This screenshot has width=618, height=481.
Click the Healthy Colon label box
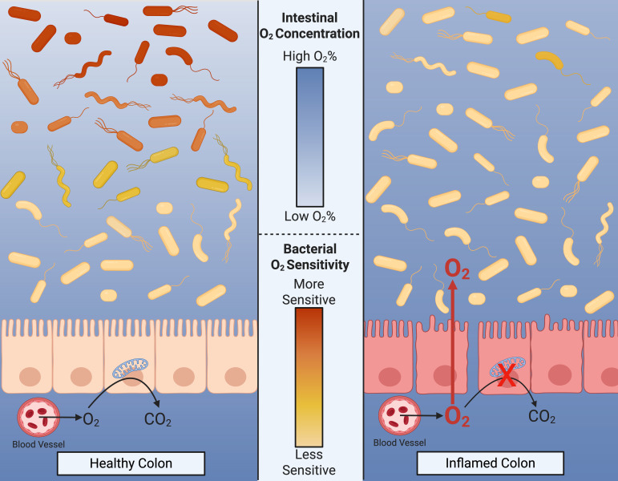coord(132,463)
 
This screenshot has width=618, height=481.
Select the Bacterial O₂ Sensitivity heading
coord(309,256)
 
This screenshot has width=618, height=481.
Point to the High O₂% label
coord(309,57)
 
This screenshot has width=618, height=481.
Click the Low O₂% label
coord(309,216)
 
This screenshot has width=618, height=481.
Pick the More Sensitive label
coord(309,292)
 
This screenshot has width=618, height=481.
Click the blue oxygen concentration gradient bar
coord(309,136)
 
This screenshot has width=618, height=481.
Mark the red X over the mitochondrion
coord(506,377)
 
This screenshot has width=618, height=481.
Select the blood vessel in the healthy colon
coord(36,417)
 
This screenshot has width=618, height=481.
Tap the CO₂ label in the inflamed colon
coord(544,417)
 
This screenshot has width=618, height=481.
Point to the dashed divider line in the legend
coord(309,234)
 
